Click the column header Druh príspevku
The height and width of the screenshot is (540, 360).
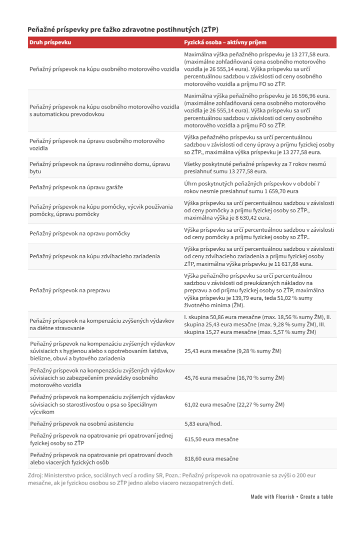point(50,42)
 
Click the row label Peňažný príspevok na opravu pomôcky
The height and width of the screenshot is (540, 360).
point(80,233)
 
